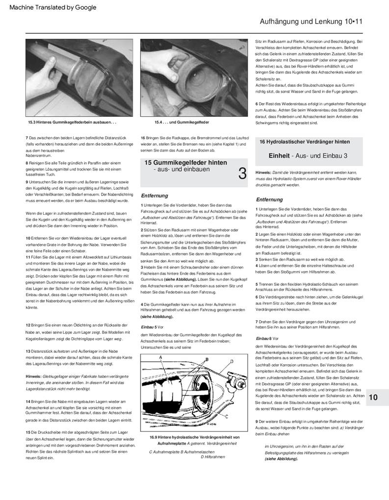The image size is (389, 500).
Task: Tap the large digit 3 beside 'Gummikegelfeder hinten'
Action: pyautogui.click(x=242, y=173)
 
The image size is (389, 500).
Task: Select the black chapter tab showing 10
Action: pyautogui.click(x=373, y=397)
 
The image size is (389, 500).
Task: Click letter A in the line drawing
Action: pyautogui.click(x=160, y=358)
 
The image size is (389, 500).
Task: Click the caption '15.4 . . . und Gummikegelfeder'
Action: pyautogui.click(x=182, y=122)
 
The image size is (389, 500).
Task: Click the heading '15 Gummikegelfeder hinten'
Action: pyautogui.click(x=185, y=162)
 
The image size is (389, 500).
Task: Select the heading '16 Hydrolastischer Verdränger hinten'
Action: pyautogui.click(x=305, y=142)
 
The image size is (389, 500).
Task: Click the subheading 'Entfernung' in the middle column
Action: pyautogui.click(x=155, y=195)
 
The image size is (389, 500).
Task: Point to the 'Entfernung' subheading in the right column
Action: pyautogui.click(x=269, y=200)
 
